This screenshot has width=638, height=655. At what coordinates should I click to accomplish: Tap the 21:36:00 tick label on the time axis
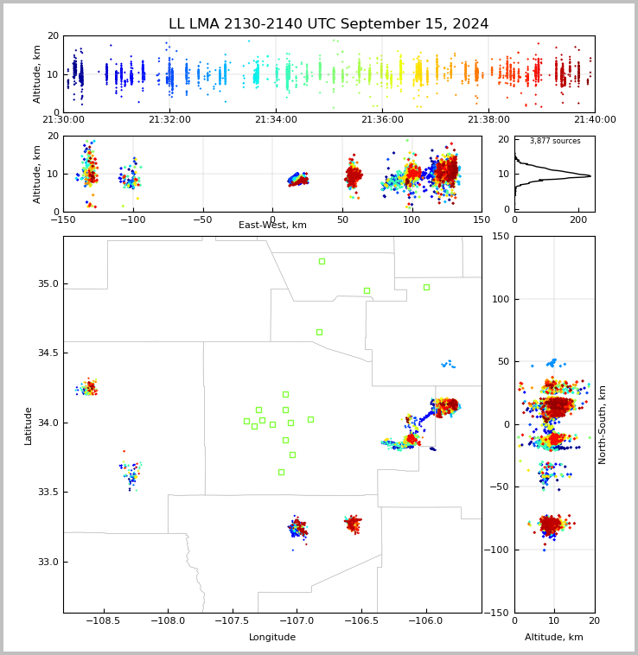coord(382,120)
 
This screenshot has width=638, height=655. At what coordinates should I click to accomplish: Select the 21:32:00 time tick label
coord(169,120)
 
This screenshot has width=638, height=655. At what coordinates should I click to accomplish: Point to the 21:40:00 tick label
coord(595,120)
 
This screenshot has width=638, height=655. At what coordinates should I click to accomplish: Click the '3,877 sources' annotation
coord(555,141)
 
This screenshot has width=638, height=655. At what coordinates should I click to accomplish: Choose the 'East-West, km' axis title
coord(272,226)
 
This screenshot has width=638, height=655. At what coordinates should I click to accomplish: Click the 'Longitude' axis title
coord(272,638)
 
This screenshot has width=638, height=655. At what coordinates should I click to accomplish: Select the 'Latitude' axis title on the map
coord(29,425)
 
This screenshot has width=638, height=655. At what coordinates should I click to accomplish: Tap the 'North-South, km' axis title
coord(603,424)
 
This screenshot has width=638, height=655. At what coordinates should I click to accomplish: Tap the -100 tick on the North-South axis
coord(501,550)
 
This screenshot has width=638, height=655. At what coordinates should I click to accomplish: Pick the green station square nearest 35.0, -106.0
coord(426,287)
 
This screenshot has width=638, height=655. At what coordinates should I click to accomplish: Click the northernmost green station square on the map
coord(322,261)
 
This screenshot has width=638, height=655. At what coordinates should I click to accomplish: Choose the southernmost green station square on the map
coord(281,472)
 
